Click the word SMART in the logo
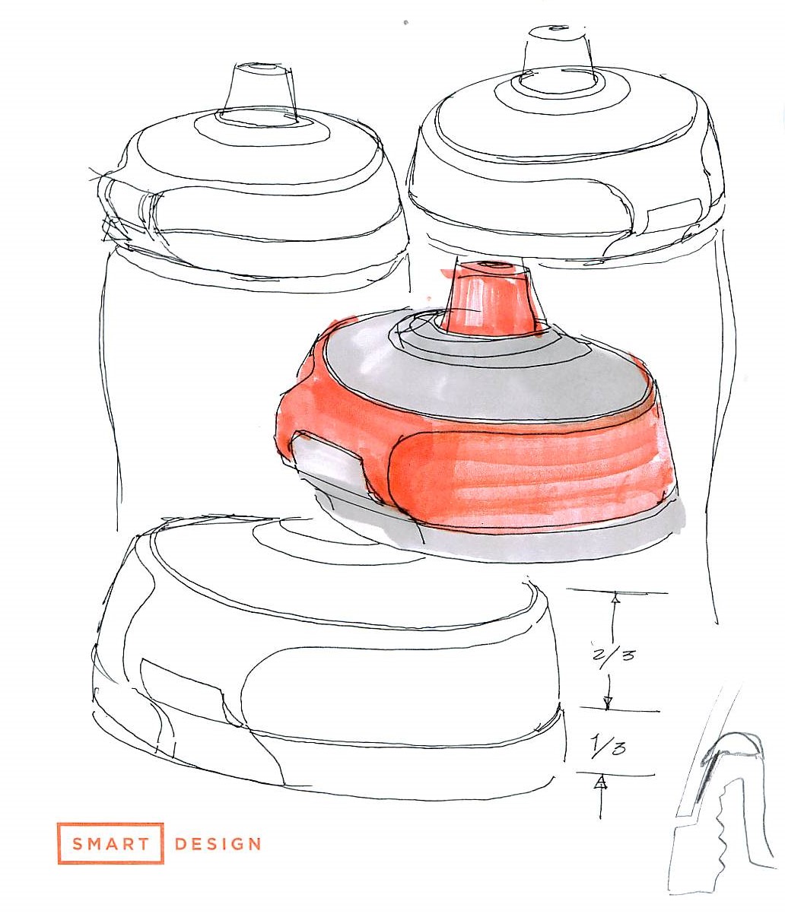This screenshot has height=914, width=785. coord(110,844)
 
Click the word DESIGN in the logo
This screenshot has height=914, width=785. coord(218,844)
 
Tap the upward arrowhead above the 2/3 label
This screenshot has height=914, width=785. coord(616,598)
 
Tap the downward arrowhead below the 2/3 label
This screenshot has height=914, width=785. coord(607,703)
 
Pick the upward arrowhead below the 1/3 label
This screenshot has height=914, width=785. coord(599,783)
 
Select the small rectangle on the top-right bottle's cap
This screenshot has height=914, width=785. coord(675,211)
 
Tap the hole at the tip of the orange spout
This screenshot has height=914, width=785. coord(488,265)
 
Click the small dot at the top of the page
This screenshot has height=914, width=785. coord(405,21)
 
